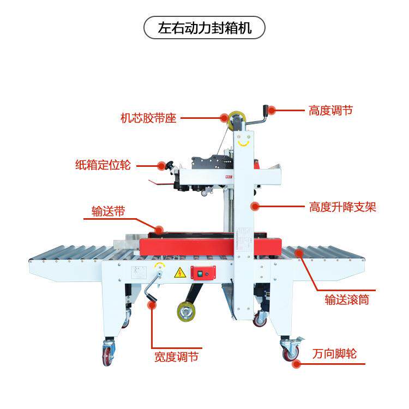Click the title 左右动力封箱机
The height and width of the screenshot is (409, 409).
pyautogui.click(x=204, y=28)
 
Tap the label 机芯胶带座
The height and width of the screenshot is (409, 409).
pyautogui.click(x=148, y=118)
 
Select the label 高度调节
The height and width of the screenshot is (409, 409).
pyautogui.click(x=330, y=110)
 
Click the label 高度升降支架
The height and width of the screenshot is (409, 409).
pyautogui.click(x=342, y=207)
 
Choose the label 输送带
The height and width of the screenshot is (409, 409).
pyautogui.click(x=108, y=212)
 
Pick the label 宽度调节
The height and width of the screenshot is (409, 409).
pyautogui.click(x=176, y=357)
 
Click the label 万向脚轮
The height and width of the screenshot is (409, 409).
pyautogui.click(x=335, y=353)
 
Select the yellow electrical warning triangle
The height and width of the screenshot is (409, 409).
pyautogui.click(x=178, y=273)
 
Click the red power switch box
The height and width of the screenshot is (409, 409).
pyautogui.click(x=203, y=273)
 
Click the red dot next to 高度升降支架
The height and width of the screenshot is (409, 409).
pyautogui.click(x=254, y=206)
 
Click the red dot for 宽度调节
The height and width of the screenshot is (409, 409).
pyautogui.click(x=153, y=305)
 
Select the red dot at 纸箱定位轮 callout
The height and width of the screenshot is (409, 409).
pyautogui.click(x=161, y=165)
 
